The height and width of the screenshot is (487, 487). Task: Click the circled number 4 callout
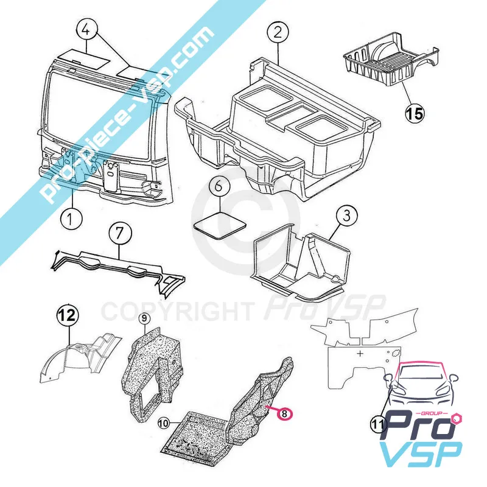86,30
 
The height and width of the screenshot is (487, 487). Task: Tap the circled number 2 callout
278,32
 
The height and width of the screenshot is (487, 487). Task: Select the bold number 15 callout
415,113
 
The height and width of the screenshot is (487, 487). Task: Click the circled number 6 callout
219,187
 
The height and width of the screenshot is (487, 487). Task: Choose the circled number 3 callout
346,215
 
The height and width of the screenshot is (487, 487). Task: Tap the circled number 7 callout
120,233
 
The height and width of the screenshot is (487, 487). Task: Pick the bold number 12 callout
68,315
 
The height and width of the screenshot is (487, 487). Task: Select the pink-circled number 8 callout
285,413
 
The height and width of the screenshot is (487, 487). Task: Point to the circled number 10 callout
164,423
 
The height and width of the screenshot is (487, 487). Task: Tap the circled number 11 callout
378,424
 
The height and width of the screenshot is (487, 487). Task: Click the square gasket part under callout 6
220,225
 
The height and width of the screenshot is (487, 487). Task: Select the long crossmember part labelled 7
118,268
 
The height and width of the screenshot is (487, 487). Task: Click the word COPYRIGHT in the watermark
177,312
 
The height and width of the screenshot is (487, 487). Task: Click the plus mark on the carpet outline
360,354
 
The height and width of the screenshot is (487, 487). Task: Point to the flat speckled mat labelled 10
195,438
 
